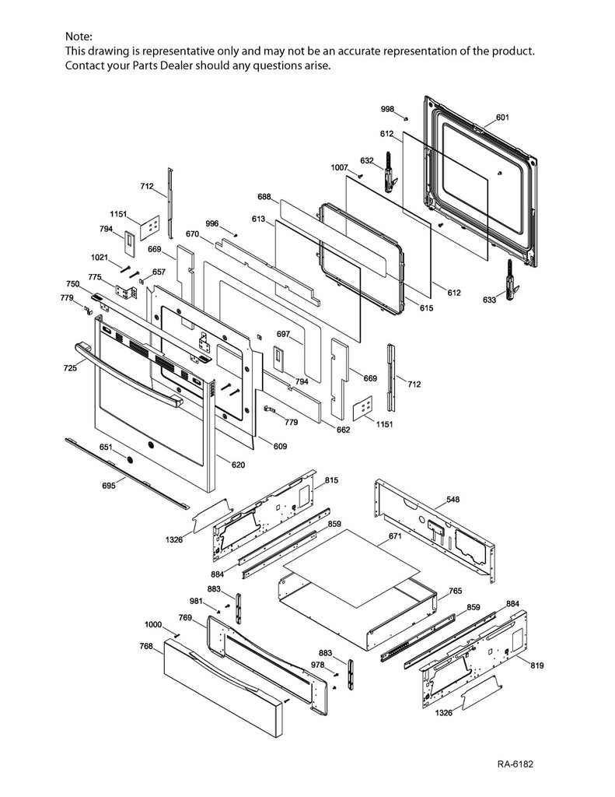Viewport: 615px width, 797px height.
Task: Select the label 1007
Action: point(339,168)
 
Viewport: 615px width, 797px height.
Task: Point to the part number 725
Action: point(71,367)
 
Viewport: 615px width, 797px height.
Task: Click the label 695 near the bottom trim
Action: point(108,485)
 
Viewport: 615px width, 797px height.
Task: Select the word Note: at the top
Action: point(78,37)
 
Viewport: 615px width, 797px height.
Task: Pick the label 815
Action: point(331,481)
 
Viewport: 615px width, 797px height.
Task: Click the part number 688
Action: point(264,197)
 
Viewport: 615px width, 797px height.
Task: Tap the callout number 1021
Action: point(99,258)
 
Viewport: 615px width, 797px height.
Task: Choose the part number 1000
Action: point(152,625)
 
